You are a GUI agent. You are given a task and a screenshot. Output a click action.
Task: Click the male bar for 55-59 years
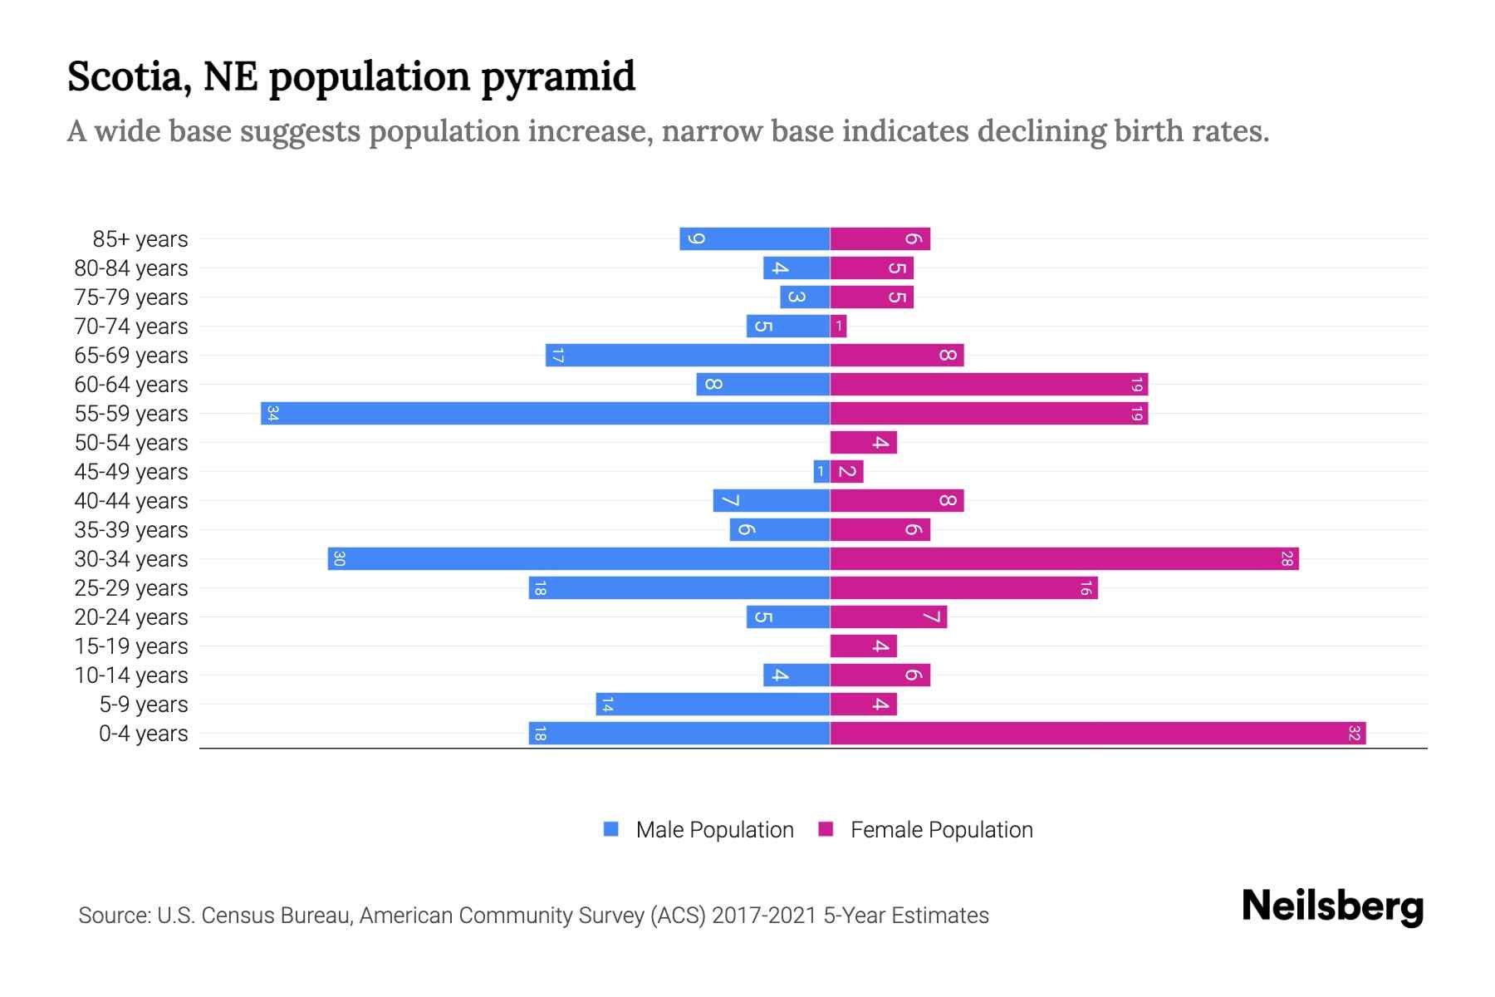[546, 413]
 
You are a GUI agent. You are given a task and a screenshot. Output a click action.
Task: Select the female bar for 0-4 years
[1097, 733]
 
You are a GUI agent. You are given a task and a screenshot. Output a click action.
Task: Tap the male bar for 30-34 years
[579, 558]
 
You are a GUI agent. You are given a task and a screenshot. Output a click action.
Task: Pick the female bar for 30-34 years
[1064, 558]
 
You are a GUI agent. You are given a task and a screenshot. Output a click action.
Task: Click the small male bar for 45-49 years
[821, 471]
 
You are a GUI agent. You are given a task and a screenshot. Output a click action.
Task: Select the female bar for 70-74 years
[838, 326]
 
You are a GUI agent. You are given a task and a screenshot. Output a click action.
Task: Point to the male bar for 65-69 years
[688, 355]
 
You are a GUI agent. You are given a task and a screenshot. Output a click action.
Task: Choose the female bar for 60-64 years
[988, 384]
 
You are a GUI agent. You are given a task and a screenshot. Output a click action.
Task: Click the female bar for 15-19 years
[863, 646]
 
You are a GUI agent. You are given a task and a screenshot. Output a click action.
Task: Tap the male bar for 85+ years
[754, 238]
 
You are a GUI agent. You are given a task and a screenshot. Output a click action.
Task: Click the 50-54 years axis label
[131, 442]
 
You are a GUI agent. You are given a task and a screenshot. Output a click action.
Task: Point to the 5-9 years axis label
[144, 704]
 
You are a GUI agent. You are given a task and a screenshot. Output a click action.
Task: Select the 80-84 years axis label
[131, 268]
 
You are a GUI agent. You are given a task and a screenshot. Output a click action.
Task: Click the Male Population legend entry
[713, 829]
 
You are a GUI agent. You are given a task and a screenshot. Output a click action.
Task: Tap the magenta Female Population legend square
[826, 829]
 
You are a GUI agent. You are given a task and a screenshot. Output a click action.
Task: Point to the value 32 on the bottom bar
[1354, 733]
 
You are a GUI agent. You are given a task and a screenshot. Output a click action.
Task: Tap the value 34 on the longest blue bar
[272, 413]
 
